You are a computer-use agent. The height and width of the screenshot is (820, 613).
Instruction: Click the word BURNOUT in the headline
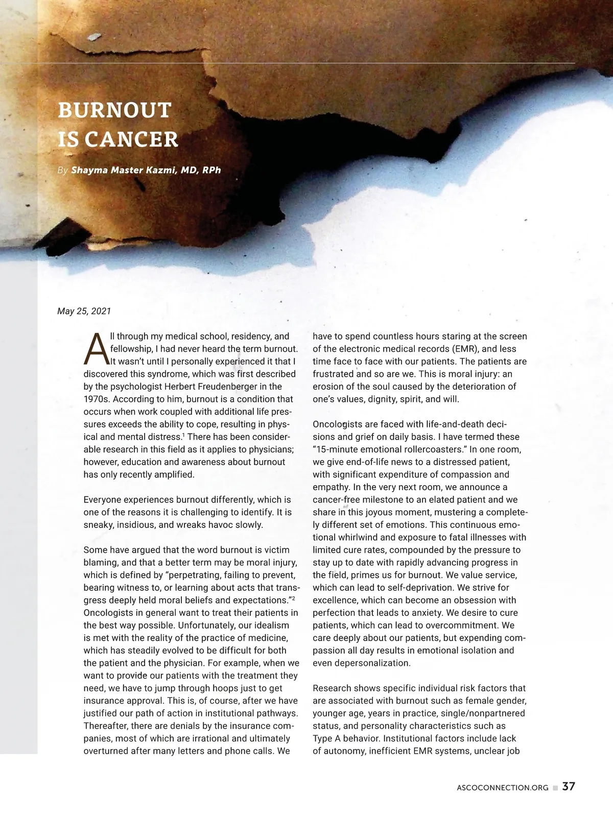[x=114, y=110]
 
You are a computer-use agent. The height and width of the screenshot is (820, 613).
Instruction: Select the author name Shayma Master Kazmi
[x=123, y=170]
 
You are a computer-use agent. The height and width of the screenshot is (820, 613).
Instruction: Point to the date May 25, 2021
[x=84, y=311]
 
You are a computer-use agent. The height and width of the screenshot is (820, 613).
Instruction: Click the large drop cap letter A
[x=96, y=349]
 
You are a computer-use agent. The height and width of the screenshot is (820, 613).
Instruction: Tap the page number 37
[x=569, y=786]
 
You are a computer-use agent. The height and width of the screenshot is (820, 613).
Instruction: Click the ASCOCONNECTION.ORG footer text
[x=502, y=788]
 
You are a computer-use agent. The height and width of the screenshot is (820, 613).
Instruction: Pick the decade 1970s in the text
[x=96, y=399]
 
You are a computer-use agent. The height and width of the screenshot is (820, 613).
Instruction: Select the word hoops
[x=231, y=688]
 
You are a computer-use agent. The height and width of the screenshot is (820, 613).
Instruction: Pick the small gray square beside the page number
[x=555, y=788]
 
